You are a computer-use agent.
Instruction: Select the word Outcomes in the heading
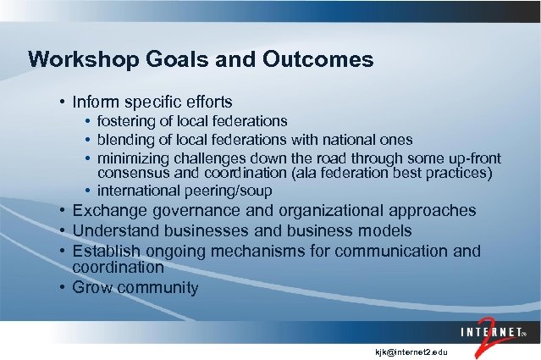(x=319, y=60)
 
